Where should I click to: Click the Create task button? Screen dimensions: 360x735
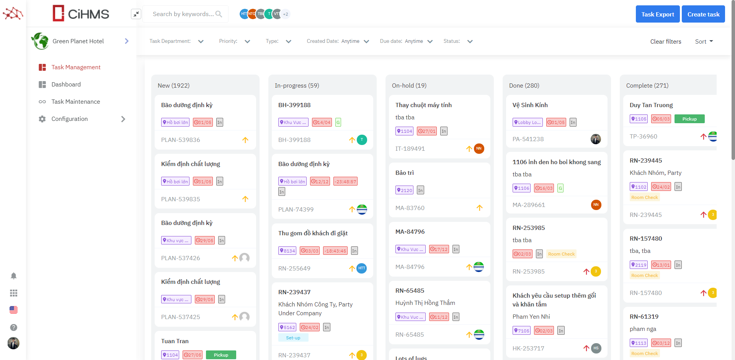point(703,14)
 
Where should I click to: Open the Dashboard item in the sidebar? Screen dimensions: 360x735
point(66,84)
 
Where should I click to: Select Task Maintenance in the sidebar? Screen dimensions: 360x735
point(75,101)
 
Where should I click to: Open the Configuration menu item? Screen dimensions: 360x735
point(70,119)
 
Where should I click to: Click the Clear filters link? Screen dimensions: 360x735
point(665,41)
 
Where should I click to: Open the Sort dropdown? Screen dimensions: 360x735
point(704,41)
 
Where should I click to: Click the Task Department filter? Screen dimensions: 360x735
point(176,41)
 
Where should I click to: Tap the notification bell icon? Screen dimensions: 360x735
point(13,276)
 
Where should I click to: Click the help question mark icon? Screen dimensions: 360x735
point(13,327)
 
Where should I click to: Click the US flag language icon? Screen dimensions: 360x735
point(13,310)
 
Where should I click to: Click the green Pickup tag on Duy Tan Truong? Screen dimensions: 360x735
point(689,119)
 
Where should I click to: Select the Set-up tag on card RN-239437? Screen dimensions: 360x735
point(293,338)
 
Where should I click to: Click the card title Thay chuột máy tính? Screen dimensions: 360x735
point(423,105)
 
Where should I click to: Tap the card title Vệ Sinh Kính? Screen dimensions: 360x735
point(530,105)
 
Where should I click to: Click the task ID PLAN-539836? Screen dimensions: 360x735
point(180,140)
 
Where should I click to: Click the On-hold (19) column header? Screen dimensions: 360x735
point(409,85)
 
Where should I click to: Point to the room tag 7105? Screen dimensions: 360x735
point(521,331)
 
